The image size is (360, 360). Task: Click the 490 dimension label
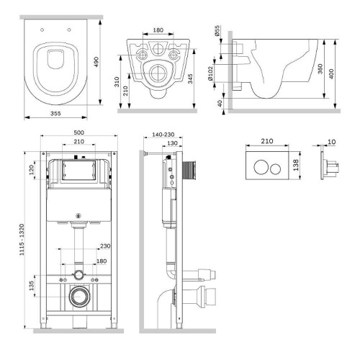click(96, 62)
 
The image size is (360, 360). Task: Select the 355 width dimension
click(55, 113)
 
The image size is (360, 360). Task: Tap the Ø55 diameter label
click(217, 30)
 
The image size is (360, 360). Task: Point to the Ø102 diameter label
click(210, 73)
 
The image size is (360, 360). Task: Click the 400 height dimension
click(331, 74)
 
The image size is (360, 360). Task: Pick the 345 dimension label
click(190, 78)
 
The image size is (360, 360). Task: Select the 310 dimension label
click(117, 81)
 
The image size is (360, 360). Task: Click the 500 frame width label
click(78, 132)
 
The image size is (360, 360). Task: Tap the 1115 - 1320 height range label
click(22, 240)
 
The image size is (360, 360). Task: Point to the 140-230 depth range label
click(163, 135)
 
